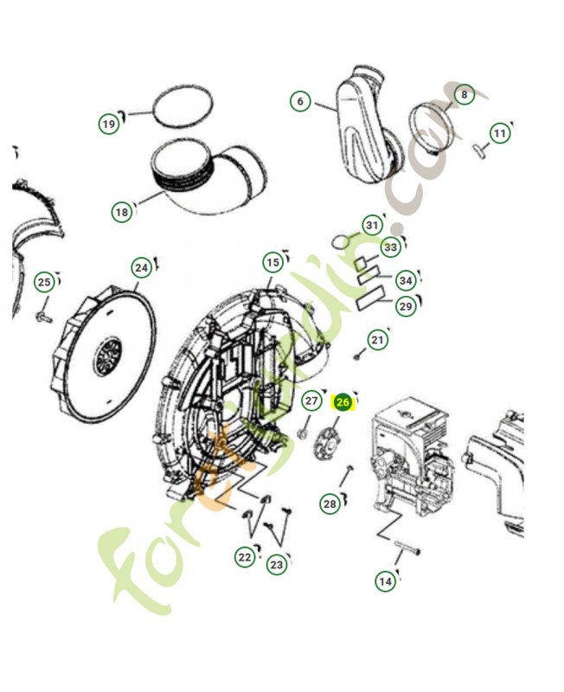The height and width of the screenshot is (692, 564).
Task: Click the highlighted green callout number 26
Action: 343,402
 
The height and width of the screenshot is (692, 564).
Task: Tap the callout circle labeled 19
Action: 109,124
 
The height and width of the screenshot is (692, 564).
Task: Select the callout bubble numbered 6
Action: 300,101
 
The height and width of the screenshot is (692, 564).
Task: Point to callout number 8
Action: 464,94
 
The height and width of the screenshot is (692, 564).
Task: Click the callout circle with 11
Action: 500,133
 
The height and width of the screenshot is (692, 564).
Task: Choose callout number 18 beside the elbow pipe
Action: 121,212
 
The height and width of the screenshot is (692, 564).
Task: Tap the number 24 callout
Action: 141,268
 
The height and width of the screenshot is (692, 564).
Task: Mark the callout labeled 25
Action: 44,282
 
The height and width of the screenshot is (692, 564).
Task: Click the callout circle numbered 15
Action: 272,263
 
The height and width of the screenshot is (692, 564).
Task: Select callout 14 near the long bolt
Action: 385,581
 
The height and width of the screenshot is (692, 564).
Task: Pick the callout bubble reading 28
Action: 330,504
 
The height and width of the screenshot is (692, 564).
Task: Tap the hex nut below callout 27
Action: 302,434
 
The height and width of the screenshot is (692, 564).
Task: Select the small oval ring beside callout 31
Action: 340,242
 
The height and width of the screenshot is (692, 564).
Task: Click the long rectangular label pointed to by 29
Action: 370,298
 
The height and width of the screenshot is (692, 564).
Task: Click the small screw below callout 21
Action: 358,355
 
